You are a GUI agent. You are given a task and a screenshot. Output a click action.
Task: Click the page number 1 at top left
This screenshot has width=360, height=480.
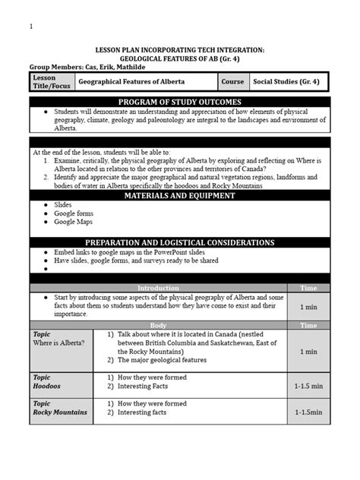(x=31, y=27)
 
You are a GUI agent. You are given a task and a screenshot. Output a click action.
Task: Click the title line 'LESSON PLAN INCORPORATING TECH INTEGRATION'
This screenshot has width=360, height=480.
(x=180, y=49)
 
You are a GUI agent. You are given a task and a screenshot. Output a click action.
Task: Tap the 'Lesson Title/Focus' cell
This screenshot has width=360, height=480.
(x=51, y=81)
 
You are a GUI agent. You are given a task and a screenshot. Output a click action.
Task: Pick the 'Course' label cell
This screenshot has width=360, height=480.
(x=232, y=81)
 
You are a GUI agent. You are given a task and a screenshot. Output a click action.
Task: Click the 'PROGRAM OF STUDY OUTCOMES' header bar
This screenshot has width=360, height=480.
(x=180, y=102)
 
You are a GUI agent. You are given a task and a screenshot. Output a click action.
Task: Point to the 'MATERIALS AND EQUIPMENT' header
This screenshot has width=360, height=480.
(x=180, y=196)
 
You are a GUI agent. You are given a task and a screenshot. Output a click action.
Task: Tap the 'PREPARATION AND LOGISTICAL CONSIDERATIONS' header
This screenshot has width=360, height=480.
(x=180, y=242)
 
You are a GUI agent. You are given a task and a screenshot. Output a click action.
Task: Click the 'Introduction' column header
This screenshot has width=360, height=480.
(x=158, y=289)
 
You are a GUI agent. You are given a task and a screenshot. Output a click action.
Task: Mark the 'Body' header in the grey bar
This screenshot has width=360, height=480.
(x=158, y=325)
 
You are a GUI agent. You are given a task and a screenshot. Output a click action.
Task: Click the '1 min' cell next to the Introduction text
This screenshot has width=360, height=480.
(x=308, y=307)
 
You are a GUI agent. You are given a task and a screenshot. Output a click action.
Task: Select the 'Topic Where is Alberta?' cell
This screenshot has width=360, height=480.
(x=61, y=339)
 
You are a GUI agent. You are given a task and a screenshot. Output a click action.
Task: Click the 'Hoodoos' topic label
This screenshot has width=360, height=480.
(x=46, y=387)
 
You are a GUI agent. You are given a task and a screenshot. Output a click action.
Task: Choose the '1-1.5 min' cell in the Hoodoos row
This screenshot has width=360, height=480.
(x=308, y=387)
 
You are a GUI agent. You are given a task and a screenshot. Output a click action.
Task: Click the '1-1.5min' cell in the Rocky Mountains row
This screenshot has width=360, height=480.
(x=308, y=412)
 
